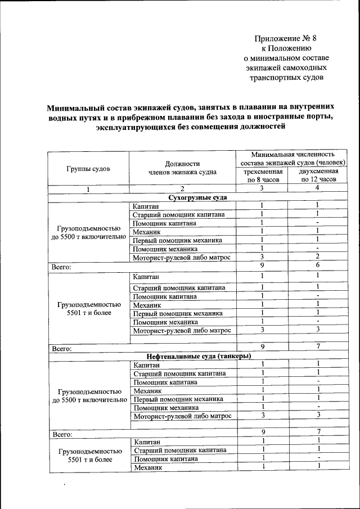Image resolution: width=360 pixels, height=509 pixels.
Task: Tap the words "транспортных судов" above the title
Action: tap(286, 78)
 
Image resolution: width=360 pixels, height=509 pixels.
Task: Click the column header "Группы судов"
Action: tap(88, 168)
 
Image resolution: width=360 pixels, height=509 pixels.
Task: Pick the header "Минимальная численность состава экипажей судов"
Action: tap(293, 158)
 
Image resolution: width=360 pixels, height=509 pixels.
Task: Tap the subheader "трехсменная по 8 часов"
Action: tap(262, 174)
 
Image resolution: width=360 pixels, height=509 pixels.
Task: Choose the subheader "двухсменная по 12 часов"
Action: tap(318, 174)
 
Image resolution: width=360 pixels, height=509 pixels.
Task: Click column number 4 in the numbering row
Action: tap(318, 188)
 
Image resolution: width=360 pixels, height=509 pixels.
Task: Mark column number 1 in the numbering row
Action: tap(88, 189)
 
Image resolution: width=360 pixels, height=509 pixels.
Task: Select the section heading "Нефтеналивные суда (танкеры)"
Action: tap(198, 356)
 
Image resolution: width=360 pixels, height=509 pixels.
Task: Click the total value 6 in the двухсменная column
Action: tap(318, 265)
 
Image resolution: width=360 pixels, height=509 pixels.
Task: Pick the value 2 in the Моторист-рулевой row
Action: tap(318, 257)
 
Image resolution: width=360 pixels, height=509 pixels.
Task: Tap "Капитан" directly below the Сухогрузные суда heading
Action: tap(146, 206)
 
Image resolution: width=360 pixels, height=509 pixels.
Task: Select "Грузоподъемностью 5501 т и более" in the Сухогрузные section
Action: tap(88, 308)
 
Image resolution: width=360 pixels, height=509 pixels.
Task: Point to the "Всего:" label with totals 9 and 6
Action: tap(61, 267)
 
